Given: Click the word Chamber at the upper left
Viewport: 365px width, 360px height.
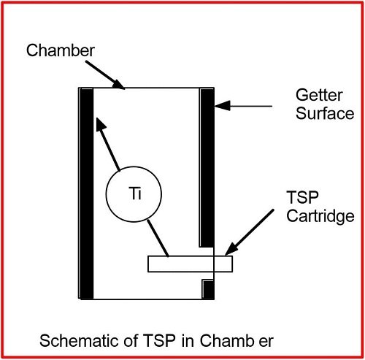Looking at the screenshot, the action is coord(61,50).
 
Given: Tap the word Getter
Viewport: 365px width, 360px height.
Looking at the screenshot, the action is coord(319,95).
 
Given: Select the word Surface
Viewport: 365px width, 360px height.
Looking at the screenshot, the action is coord(325,113).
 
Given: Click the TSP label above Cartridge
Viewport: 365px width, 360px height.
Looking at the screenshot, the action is coord(302,197).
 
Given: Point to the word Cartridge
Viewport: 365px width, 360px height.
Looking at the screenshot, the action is coord(320,216).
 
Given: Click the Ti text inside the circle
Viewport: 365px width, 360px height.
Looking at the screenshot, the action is coord(135,194).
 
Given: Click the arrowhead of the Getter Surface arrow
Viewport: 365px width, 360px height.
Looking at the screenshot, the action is coord(222,106).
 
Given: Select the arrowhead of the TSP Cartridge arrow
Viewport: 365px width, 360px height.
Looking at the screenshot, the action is coord(232,248).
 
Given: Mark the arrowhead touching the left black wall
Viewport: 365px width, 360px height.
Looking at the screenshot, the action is coord(101,125).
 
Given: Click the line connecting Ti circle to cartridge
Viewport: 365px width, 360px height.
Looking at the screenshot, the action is coord(158,238).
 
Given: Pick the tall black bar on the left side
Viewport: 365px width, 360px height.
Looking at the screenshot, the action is coord(87,194).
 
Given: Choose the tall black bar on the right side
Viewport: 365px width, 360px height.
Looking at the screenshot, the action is coord(207,168).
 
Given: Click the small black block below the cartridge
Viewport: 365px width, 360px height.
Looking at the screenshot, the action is coord(208,290).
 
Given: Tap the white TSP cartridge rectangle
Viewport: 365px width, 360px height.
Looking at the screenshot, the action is coord(190,264).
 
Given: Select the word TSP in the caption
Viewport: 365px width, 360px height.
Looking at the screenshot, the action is coord(159,340).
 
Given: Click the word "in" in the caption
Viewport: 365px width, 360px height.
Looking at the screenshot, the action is coord(188,340).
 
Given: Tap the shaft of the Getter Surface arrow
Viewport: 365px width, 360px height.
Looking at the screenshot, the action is coord(250,106).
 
